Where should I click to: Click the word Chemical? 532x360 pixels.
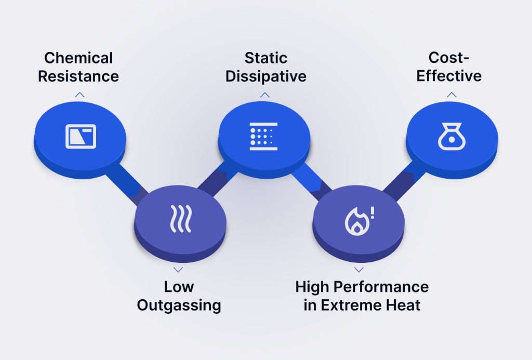pos(78,58)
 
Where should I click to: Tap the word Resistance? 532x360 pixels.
pos(78,76)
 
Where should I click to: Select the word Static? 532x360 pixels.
pos(265,58)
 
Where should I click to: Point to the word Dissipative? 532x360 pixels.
pos(265,76)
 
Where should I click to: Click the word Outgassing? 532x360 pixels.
pos(179,305)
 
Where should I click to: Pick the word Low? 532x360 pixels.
pos(179,286)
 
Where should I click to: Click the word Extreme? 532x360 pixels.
pos(354,305)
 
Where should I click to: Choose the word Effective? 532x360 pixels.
pos(450,76)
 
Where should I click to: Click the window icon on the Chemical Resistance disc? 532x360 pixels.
pos(81,136)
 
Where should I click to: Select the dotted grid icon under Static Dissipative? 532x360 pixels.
pos(264,136)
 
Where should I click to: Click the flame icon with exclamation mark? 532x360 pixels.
pos(359,220)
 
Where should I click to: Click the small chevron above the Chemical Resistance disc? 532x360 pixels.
pos(79,95)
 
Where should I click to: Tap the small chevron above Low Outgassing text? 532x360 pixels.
pos(178,270)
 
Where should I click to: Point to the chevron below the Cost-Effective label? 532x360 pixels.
pos(451,95)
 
